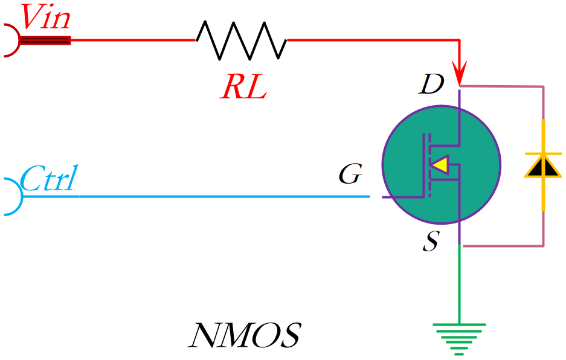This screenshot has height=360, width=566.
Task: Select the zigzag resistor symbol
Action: (242, 40)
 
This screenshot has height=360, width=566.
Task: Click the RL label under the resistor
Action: (243, 89)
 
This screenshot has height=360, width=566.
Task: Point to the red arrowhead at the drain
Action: (460, 76)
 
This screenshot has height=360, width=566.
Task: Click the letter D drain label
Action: (432, 86)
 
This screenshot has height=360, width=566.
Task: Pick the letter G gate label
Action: (350, 175)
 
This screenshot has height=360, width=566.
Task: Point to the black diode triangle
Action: (542, 166)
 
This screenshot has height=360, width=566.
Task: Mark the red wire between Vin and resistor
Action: (133, 40)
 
